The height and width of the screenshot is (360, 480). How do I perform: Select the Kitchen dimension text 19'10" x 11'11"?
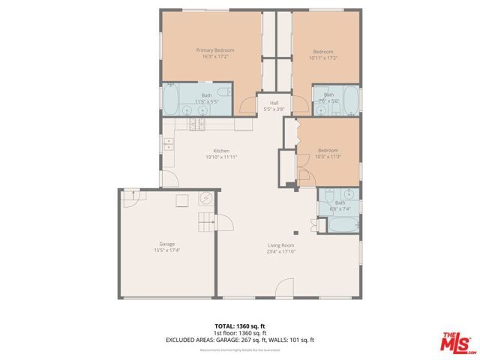(x=221, y=157)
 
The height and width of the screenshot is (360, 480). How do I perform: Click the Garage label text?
(x=166, y=243)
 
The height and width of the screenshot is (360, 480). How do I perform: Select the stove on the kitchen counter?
(x=196, y=123)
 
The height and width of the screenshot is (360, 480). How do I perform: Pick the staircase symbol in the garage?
(x=206, y=223)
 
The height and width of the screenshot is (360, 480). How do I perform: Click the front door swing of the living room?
(x=284, y=287)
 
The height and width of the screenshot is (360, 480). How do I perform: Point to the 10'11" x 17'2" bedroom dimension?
(x=322, y=57)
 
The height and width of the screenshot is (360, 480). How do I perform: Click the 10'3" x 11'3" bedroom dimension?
(x=328, y=156)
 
